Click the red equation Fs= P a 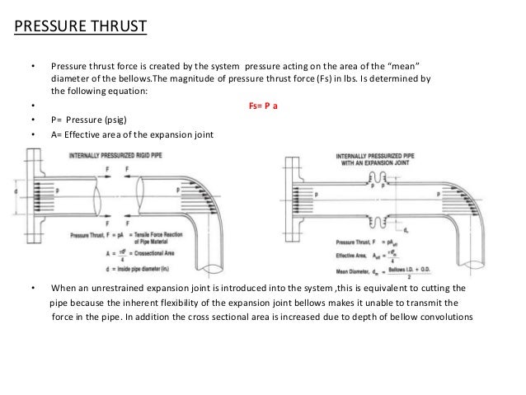[x=263, y=105]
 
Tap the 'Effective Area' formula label [x=355, y=256]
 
